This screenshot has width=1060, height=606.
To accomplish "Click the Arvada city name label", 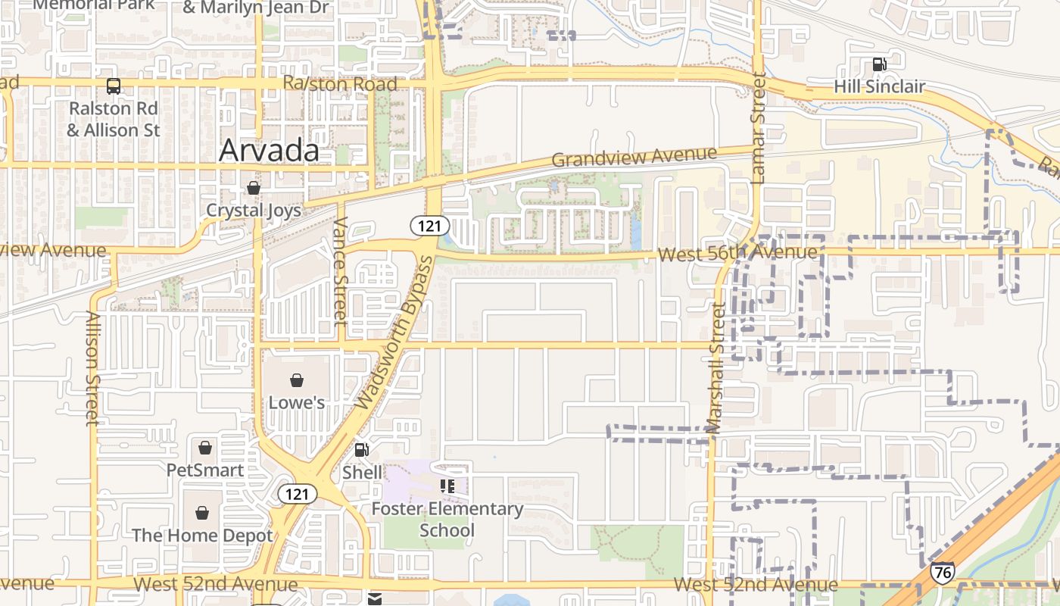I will click(x=269, y=151).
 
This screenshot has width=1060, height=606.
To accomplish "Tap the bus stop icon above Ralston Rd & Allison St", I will click(x=113, y=86).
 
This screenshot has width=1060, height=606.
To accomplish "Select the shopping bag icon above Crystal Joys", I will click(x=253, y=188).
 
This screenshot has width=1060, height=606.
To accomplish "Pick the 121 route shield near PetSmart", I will click(x=297, y=494).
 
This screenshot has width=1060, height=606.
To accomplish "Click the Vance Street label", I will click(x=340, y=271).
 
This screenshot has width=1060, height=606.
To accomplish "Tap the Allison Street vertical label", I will click(x=92, y=368).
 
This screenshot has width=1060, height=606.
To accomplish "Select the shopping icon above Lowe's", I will click(x=297, y=380).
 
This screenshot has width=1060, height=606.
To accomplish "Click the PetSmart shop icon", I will click(x=204, y=448).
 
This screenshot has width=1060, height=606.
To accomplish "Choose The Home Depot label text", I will click(x=202, y=536).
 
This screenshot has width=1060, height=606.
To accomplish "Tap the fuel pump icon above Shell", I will click(x=362, y=450).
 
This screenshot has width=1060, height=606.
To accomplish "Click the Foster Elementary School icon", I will click(x=447, y=486).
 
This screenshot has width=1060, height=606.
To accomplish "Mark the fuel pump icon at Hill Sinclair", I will click(x=879, y=64).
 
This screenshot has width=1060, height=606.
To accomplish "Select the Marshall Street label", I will click(x=715, y=368).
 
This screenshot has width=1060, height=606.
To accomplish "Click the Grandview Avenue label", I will click(x=634, y=157).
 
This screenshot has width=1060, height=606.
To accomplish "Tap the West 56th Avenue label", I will click(x=737, y=253).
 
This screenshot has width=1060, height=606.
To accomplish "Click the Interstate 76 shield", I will click(x=943, y=572).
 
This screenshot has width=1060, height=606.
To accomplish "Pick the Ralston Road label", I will click(x=340, y=83).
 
